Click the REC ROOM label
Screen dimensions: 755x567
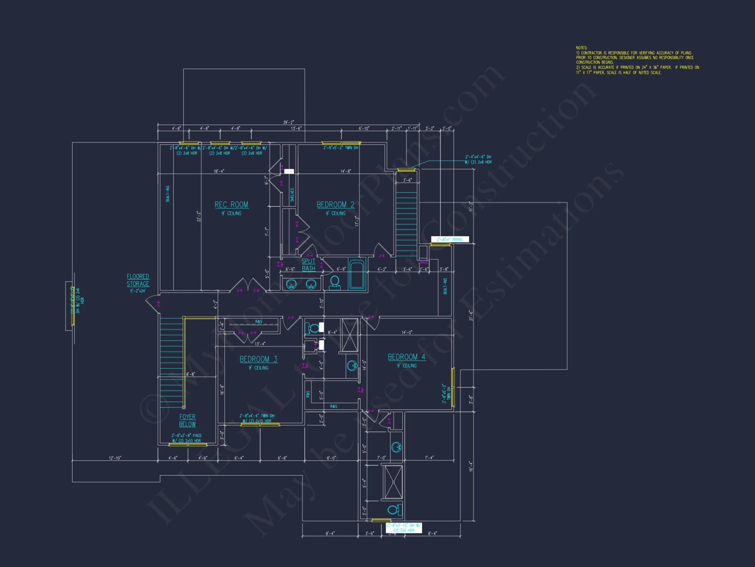pos(231,204)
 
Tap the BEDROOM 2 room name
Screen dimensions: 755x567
pos(335,204)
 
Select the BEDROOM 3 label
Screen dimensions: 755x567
pos(258,359)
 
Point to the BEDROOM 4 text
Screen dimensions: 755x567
pos(406,357)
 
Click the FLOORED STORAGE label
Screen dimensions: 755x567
pos(138,280)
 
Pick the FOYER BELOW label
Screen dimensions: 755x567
pos(187,420)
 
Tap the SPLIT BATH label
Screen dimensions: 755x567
pos(308,265)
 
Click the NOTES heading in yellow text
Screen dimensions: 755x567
pos(581,48)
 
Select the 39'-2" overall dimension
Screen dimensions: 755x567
pos(288,122)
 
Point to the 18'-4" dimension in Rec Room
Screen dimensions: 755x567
pos(219,171)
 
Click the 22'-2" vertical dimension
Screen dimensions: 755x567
pos(199,216)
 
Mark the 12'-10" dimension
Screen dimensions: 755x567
pos(115,458)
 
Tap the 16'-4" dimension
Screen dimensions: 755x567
pos(471,466)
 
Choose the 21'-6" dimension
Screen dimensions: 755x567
pos(471,315)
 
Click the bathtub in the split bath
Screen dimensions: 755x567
pos(356,274)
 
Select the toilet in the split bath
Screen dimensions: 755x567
pos(334,282)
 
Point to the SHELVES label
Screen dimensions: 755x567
pos(292,195)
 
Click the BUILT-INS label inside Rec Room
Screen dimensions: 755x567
pos(168,193)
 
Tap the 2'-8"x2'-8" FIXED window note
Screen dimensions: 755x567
pos(186,435)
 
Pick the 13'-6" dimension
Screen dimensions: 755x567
pos(296,129)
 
